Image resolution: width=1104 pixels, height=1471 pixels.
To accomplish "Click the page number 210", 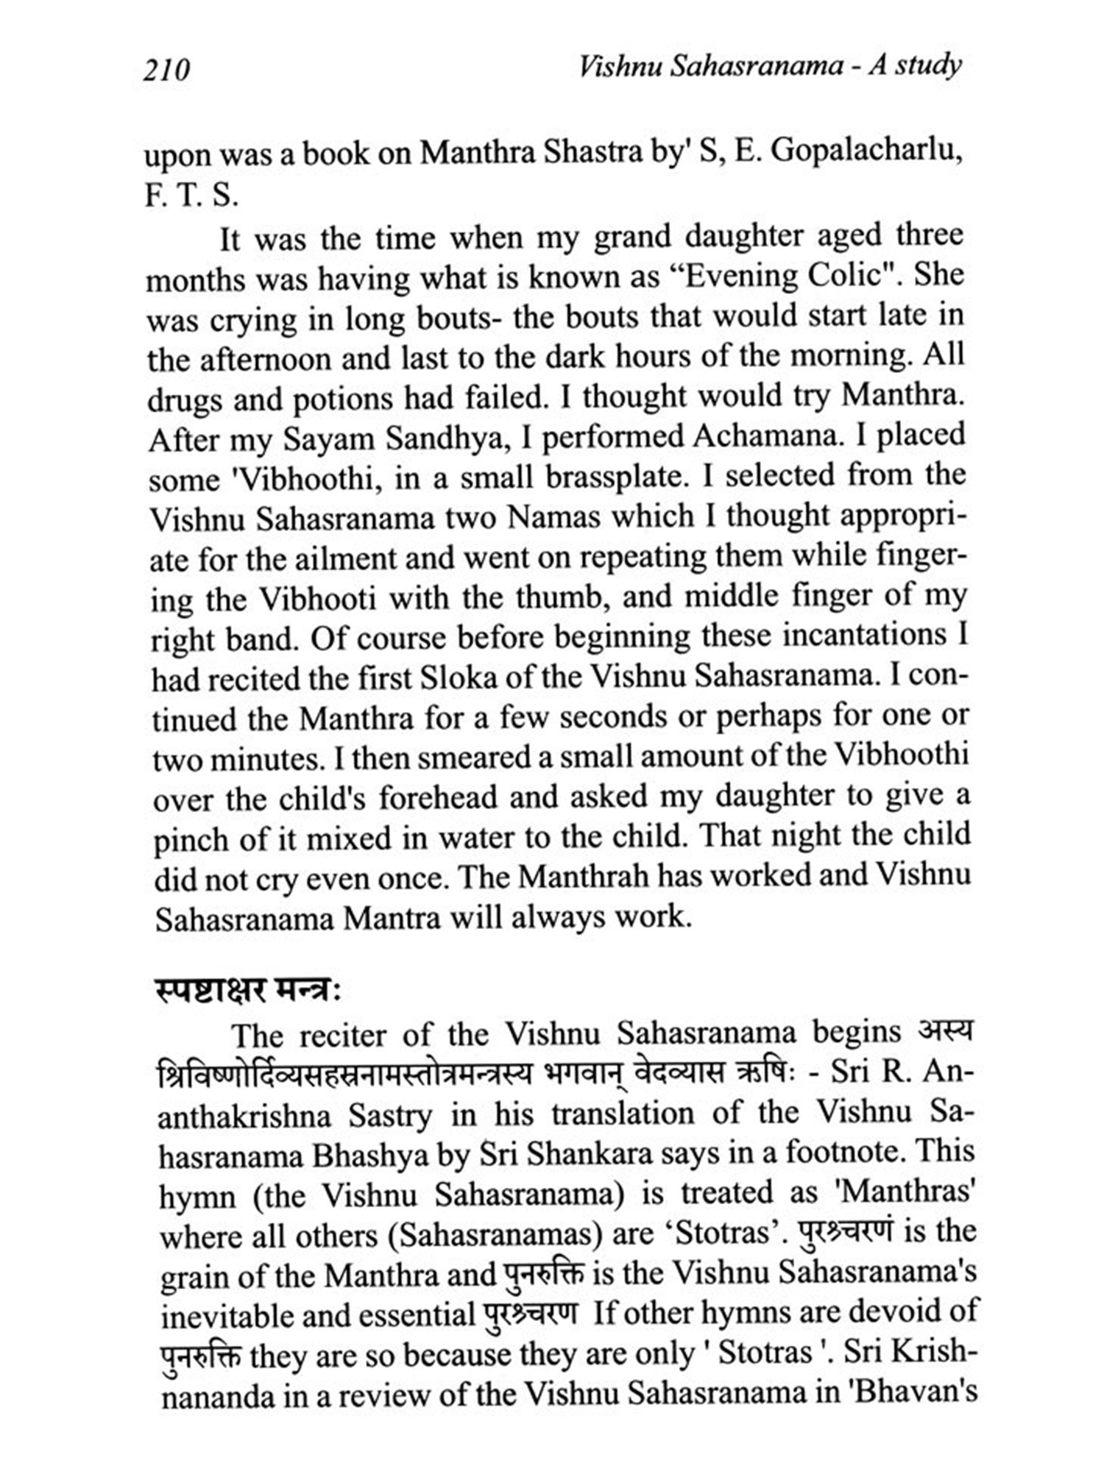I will [x=167, y=71].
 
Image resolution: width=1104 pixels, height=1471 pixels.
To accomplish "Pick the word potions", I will [x=341, y=400].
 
